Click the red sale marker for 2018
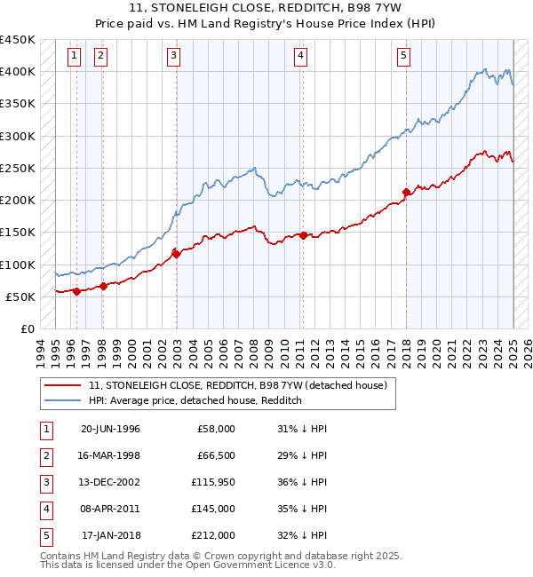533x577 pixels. tap(406, 192)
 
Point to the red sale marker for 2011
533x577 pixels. tap(303, 235)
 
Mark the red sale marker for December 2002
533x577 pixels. tap(176, 254)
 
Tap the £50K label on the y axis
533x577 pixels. tap(20, 296)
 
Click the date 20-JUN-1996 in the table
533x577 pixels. tap(110, 429)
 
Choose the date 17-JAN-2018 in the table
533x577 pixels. tap(111, 535)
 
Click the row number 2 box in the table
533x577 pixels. tap(45, 455)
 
